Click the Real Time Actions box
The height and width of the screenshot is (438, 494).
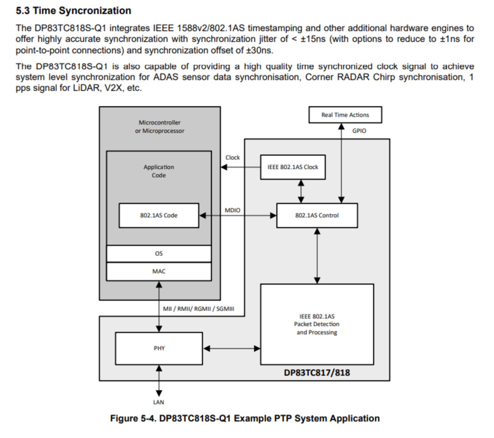point(345,115)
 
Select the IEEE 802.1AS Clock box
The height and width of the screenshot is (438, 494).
point(293,167)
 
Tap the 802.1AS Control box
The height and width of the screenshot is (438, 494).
point(317,216)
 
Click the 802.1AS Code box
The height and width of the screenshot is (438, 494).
point(159,216)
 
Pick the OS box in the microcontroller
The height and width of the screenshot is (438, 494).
point(159,254)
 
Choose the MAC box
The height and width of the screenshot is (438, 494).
point(159,271)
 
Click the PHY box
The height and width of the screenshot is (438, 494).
point(159,348)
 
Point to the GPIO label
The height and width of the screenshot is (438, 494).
point(359,131)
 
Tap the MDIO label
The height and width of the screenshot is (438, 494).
point(232,210)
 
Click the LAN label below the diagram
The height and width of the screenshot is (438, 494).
point(159,402)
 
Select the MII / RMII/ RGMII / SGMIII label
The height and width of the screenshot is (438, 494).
point(199,309)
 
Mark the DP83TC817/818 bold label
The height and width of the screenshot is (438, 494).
point(317,373)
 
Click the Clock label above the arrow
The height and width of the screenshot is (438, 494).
point(233,157)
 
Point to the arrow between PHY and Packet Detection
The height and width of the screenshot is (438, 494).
point(232,348)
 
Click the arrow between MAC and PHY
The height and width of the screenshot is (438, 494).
point(159,307)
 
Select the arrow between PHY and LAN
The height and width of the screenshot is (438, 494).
point(159,381)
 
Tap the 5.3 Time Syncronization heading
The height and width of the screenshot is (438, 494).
point(74,10)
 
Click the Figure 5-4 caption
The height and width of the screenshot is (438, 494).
point(245,418)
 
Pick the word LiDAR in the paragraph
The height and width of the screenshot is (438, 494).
point(87,88)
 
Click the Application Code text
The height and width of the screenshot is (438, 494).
point(159,171)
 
